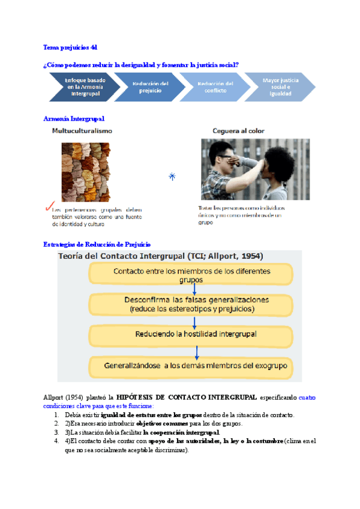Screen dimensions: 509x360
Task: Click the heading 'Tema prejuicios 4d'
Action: pos(70,47)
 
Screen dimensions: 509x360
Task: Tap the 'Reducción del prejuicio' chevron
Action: pos(151,87)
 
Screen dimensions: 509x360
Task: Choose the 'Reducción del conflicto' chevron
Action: pos(215,87)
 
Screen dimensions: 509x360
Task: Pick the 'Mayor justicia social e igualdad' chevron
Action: pos(280,87)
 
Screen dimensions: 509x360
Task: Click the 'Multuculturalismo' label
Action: pos(82,130)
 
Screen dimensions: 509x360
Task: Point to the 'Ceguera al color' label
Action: pos(238,130)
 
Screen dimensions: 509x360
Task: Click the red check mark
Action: pos(48,207)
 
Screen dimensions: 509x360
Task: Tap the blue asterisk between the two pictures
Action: pos(172,176)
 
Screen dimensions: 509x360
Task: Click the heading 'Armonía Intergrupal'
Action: pos(74,118)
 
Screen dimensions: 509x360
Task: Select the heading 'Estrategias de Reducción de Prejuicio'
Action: pos(97,244)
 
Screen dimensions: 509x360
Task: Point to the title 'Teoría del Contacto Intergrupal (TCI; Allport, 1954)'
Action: pos(160,256)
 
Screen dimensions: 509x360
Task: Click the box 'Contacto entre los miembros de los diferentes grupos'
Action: pos(191,275)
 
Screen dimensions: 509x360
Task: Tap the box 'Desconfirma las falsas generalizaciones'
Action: pos(191,304)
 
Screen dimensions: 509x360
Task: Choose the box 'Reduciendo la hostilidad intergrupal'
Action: pos(191,334)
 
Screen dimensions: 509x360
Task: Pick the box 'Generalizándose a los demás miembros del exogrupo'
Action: pos(191,365)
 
